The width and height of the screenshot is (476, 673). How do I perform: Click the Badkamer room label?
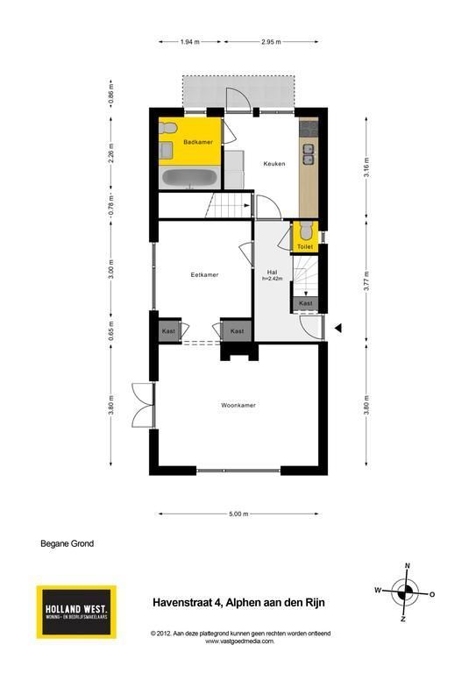(198, 142)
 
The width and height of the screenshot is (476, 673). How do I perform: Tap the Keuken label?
(274, 164)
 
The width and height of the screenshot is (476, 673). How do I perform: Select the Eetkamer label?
(204, 274)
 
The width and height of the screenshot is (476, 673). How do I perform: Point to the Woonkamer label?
(238, 405)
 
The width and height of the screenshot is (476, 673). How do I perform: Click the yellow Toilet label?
(305, 247)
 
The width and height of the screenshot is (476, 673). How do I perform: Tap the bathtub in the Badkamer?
(189, 178)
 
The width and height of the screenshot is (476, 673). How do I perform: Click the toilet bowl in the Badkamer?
(167, 128)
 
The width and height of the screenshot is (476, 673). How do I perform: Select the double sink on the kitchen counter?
(309, 154)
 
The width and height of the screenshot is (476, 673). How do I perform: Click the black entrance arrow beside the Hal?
(338, 329)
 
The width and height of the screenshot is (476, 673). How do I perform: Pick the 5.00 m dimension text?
(238, 514)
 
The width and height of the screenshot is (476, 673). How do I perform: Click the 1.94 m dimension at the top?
(189, 42)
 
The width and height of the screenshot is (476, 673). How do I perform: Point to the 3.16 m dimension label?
(366, 167)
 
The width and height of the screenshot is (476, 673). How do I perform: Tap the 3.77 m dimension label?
(366, 281)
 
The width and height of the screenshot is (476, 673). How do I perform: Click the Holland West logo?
(76, 612)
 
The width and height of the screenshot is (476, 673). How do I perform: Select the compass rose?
(404, 593)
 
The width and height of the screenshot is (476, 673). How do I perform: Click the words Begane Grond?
(67, 543)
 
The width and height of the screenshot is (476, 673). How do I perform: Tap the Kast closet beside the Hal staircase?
(306, 303)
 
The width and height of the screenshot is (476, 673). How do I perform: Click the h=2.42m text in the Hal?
(273, 279)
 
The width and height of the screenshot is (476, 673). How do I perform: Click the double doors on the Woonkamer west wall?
(143, 405)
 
